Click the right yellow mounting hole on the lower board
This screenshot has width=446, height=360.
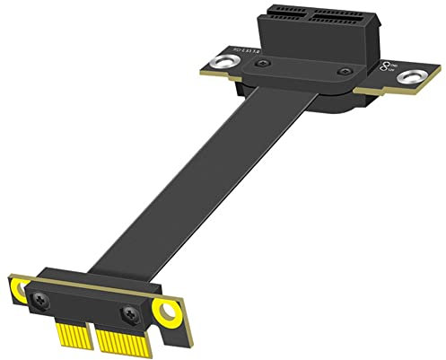point(167,311)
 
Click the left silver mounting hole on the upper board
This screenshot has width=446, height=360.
point(215,65)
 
